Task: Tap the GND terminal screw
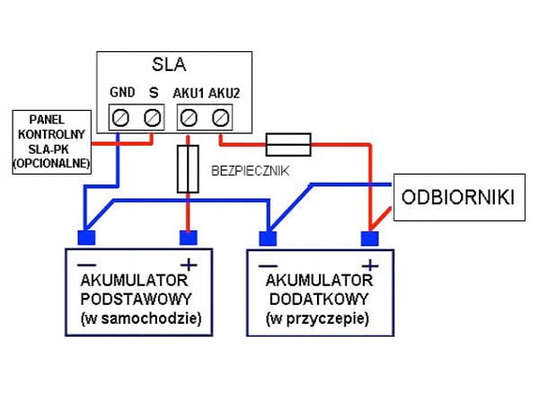pyautogui.click(x=121, y=116)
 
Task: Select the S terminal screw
pyautogui.click(x=153, y=116)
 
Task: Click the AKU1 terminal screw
pyautogui.click(x=189, y=116)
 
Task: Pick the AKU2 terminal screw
pyautogui.click(x=220, y=116)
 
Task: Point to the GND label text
pyautogui.click(x=122, y=93)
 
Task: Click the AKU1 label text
pyautogui.click(x=188, y=93)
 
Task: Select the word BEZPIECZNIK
pyautogui.click(x=250, y=169)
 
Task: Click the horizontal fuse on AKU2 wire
pyautogui.click(x=288, y=142)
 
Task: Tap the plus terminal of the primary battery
pyautogui.click(x=188, y=238)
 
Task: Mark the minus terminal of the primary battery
pyautogui.click(x=86, y=238)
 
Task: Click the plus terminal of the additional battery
pyautogui.click(x=368, y=238)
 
